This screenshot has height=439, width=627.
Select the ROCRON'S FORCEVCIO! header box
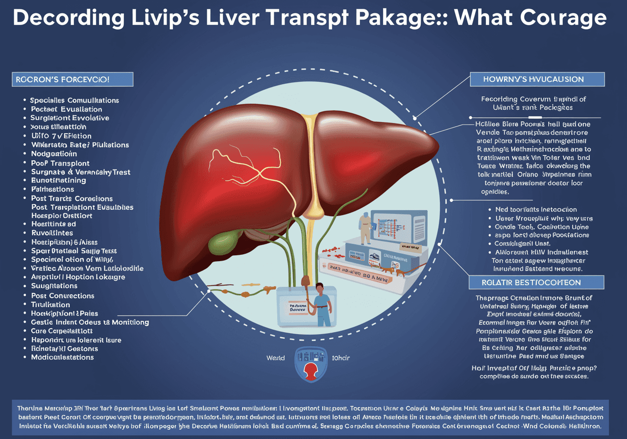point(72,79)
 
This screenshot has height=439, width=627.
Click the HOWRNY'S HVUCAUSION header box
point(537,79)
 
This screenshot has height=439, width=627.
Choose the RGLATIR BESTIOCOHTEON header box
point(537,282)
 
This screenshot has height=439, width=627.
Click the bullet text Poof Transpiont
point(60,163)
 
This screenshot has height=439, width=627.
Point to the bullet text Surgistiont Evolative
point(70,118)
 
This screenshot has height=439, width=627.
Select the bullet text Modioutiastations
point(62,357)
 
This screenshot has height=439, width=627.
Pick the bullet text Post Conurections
point(62,296)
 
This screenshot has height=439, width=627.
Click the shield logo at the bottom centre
point(311,364)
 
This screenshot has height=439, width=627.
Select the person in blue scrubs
point(321,304)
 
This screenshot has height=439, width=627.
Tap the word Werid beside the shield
point(275,358)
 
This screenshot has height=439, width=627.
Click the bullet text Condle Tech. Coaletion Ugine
point(538,227)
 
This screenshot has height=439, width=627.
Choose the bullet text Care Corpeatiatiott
point(62,331)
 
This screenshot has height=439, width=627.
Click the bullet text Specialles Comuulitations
point(74,100)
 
